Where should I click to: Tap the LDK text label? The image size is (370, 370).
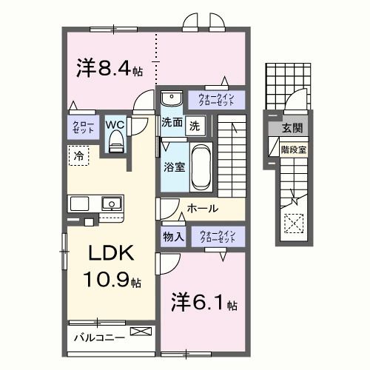tap(111, 253)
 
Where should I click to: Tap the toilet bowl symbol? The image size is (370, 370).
tap(115, 145)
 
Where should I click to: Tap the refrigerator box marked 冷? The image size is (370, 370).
tap(78, 155)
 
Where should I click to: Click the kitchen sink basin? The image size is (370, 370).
tap(112, 202)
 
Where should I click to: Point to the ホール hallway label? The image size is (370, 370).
tap(202, 209)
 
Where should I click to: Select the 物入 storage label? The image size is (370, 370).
tap(173, 236)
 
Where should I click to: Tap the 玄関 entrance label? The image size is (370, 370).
tap(291, 129)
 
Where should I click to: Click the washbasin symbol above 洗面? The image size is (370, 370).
tap(171, 98)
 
